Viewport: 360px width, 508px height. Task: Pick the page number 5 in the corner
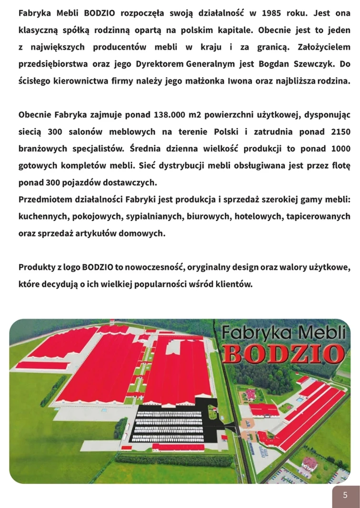pyautogui.click(x=345, y=495)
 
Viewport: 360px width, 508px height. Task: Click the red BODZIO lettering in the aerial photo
pyautogui.click(x=284, y=353)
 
